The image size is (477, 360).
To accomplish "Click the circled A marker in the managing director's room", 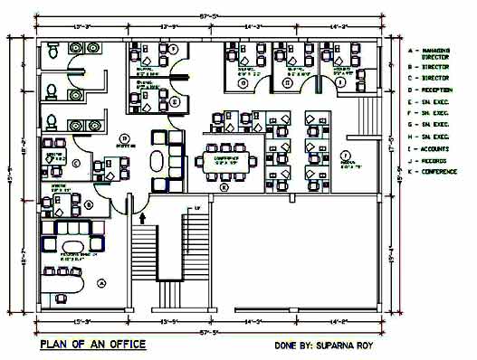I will (x=101, y=283).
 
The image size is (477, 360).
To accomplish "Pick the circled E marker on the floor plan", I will (x=173, y=101).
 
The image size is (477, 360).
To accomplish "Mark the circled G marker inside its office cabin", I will (x=287, y=82).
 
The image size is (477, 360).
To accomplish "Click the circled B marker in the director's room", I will (x=88, y=205).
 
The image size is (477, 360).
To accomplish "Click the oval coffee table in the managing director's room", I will (x=69, y=246).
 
